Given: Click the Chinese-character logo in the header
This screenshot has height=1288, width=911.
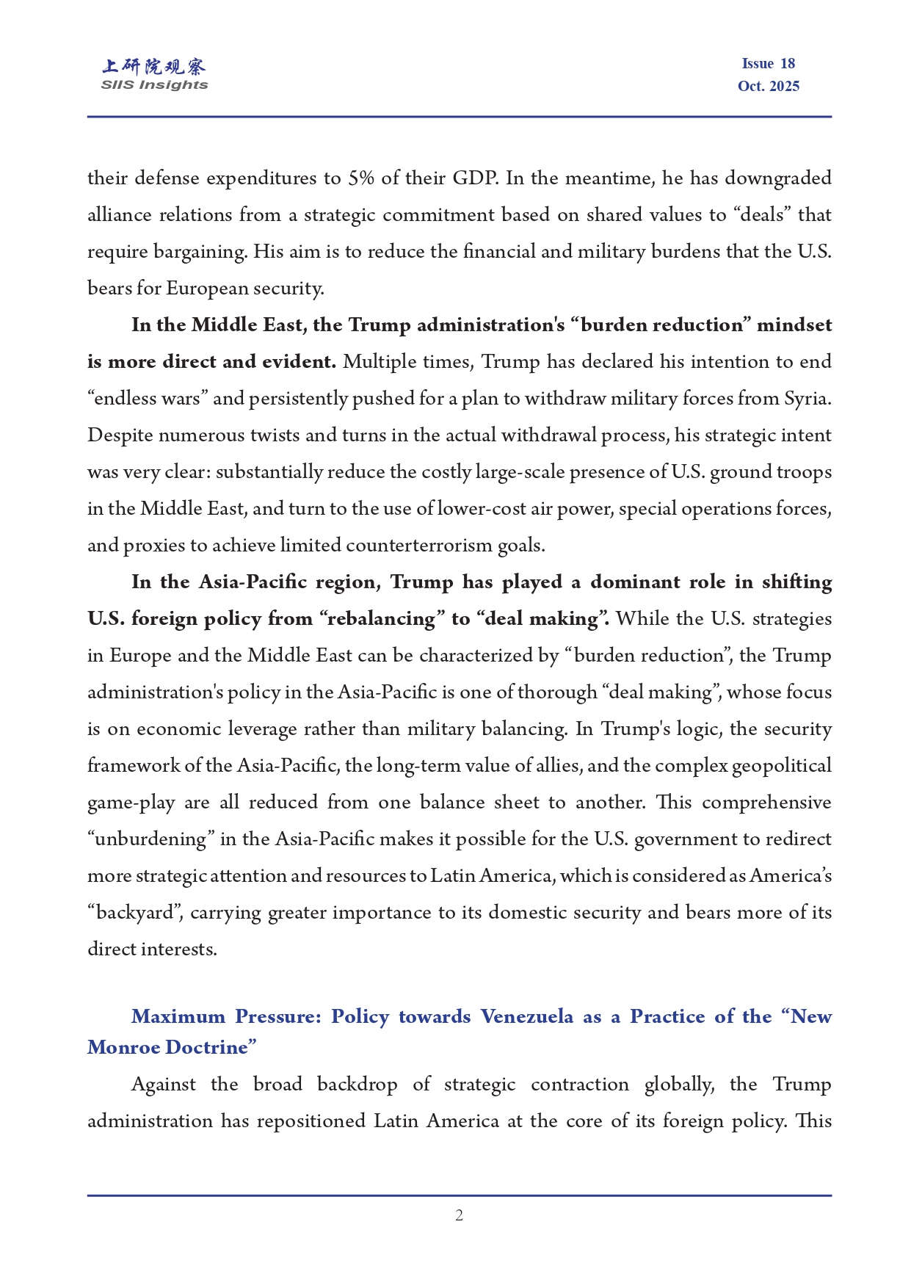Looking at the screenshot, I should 154,67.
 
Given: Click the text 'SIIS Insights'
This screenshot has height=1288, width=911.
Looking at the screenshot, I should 154,85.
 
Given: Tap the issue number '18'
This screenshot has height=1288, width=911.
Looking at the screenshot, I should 787,64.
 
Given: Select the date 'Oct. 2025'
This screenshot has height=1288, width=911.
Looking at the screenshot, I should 768,87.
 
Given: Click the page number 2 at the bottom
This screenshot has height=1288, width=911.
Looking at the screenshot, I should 459,1215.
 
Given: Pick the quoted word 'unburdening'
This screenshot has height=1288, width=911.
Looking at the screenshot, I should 150,839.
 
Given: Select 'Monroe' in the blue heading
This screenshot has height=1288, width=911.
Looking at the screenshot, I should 122,1048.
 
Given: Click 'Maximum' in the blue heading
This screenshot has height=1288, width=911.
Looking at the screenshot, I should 178,1017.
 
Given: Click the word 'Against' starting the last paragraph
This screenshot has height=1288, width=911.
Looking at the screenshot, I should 163,1085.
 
